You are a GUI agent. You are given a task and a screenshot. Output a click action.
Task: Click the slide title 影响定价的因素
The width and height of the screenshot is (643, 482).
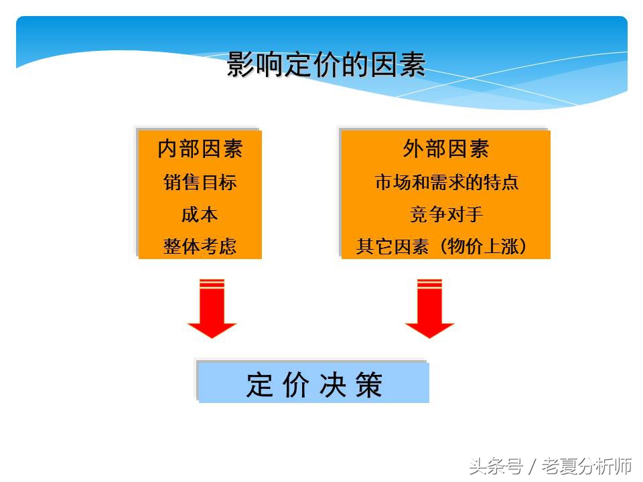326,66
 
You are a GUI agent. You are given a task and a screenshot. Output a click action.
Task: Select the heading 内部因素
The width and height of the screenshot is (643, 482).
200,149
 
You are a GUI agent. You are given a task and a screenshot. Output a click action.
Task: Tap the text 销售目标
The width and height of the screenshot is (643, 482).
200,182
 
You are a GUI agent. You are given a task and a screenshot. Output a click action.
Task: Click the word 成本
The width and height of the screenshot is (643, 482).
200,214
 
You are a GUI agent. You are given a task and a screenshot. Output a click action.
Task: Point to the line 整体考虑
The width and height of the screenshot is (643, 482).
200,246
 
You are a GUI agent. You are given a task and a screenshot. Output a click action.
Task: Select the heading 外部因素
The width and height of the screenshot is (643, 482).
446,149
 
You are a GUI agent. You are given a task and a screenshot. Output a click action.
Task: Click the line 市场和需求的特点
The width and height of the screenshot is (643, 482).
446,182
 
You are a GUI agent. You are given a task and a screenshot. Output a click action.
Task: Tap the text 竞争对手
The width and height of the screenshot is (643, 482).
446,214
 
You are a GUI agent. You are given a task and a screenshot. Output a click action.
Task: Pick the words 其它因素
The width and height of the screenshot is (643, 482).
392,246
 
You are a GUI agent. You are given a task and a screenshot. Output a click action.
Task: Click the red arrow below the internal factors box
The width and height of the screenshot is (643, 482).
212,309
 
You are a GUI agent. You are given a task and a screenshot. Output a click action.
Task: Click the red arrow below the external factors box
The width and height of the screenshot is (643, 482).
429,309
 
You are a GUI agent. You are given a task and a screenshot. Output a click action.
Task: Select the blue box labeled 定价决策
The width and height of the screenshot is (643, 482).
313,384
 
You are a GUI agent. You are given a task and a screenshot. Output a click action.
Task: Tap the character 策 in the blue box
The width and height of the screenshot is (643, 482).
369,385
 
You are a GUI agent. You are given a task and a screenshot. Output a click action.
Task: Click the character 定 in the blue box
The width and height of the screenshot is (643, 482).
260,385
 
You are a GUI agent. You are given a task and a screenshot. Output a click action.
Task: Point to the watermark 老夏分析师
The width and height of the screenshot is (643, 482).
587,465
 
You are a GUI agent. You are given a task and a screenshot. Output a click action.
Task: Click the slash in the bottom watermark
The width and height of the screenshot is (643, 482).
532,465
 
